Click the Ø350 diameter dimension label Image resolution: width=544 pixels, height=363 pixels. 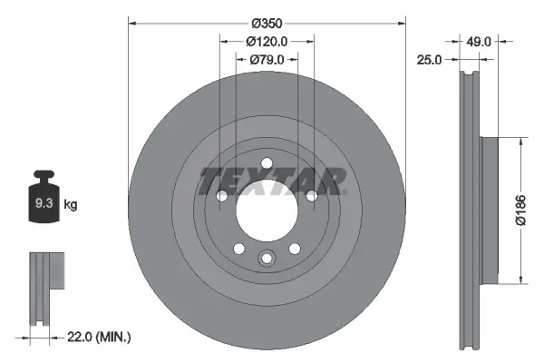pos(267,23)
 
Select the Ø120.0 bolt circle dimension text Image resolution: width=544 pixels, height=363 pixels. pos(267,42)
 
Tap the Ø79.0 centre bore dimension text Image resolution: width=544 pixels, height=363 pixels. pos(267,60)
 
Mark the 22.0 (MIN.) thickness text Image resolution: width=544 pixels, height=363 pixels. pos(100,337)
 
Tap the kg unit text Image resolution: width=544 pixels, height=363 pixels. pos(71,205)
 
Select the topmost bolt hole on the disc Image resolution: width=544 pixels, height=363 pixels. pos(267,164)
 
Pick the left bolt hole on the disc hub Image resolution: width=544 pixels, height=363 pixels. pos(220,196)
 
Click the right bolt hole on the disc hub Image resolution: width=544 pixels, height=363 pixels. pos(313,196)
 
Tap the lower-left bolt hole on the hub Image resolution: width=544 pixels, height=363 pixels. pos(238,250)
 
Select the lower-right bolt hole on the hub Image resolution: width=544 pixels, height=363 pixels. pos(295,250)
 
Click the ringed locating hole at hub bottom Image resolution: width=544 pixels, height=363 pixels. pos(267,258)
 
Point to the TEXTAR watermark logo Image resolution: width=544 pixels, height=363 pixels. pos(272,181)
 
